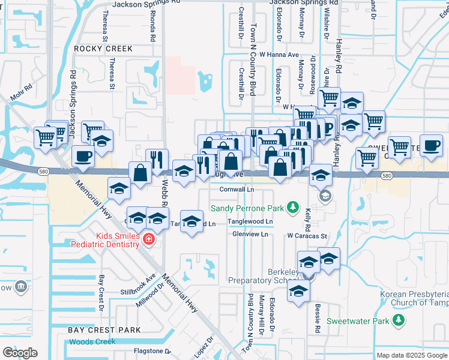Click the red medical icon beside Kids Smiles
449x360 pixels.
[148, 240]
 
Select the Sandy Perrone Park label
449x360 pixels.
[247, 208]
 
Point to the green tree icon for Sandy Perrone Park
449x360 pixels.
[293, 208]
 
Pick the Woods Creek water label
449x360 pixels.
[92, 341]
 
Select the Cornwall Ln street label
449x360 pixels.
[237, 189]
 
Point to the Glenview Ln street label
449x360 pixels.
[250, 234]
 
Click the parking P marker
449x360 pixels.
[328, 128]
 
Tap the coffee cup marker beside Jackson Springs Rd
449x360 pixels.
[83, 157]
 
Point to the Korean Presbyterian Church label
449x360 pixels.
[414, 298]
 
